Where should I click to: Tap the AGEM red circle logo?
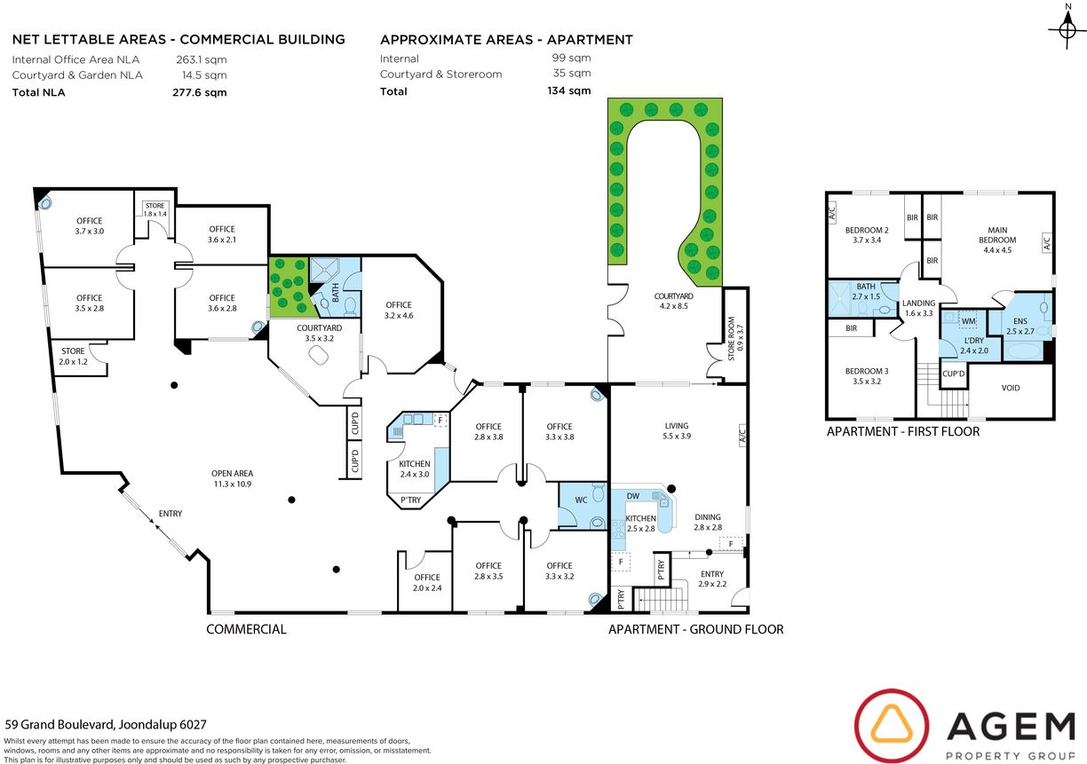pos(892,727)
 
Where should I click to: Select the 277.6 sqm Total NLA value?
pos(200,92)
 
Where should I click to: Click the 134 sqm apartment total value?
pos(568,91)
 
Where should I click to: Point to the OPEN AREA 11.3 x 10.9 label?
pos(232,478)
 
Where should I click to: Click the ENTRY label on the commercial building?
pos(171,514)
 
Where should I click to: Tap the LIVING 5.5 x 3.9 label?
pos(677,430)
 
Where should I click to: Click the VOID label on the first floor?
pos(1011,388)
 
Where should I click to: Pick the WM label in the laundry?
pos(968,321)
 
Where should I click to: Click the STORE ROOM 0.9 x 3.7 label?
pos(735,338)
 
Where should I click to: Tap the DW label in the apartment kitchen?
pos(633,496)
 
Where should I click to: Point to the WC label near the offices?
pos(581,500)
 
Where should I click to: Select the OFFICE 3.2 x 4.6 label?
pos(399,311)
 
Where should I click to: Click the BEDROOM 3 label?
pos(867,375)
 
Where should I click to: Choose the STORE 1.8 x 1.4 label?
pos(155,209)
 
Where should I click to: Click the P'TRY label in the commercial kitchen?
pos(410,500)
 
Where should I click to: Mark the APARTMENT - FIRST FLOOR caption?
pos(903,431)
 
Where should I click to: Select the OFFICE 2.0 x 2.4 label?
pos(427,583)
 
